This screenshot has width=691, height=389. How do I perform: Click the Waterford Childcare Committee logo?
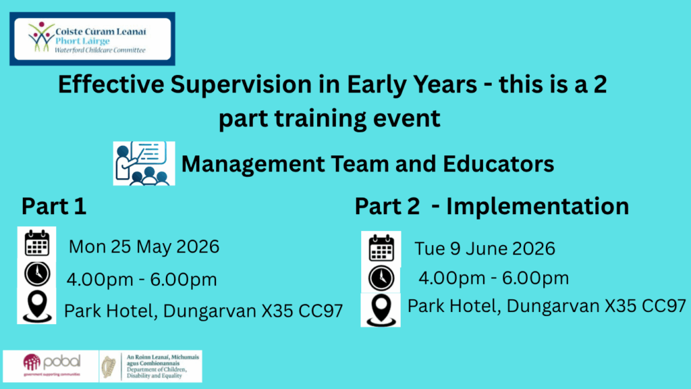coord(92,38)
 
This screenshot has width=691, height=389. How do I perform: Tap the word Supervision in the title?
coord(241,84)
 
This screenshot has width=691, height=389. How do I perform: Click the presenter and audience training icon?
coord(144,163)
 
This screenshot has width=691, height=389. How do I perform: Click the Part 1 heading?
coord(54,206)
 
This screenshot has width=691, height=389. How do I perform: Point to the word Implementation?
coord(538,207)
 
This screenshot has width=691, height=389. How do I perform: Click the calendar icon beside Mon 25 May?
coord(37,242)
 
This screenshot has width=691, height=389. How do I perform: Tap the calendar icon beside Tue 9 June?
coord(381,248)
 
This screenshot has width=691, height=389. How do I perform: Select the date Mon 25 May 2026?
coord(144,247)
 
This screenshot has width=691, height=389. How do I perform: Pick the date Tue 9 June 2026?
coord(485,249)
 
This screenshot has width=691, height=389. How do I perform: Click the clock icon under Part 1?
coord(37,274)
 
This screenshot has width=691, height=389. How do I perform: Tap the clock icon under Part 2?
coord(381,278)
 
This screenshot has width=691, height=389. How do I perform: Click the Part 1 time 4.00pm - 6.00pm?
coord(142,280)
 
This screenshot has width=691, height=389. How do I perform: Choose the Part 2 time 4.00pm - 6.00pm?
coord(493,278)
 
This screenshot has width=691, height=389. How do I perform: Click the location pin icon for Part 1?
coord(37,307)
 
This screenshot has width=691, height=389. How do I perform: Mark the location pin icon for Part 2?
coord(381,310)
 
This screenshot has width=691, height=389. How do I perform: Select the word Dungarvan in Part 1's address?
coord(209,311)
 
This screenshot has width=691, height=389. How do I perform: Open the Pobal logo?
coord(51,365)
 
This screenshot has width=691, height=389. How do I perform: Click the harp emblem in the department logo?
coord(109,367)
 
